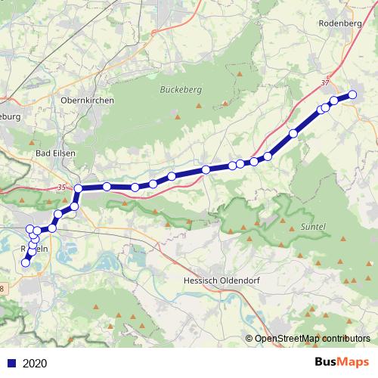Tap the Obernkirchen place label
point(87,100)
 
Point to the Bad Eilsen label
point(55,153)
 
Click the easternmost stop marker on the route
point(352,94)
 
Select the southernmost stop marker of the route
point(25,263)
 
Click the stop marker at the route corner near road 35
point(78,188)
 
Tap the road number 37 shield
point(326,82)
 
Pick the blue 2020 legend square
point(11,363)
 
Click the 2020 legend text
point(35,363)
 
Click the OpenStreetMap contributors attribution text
point(311,339)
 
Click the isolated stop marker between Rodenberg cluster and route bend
point(293,133)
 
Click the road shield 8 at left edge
point(2,287)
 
